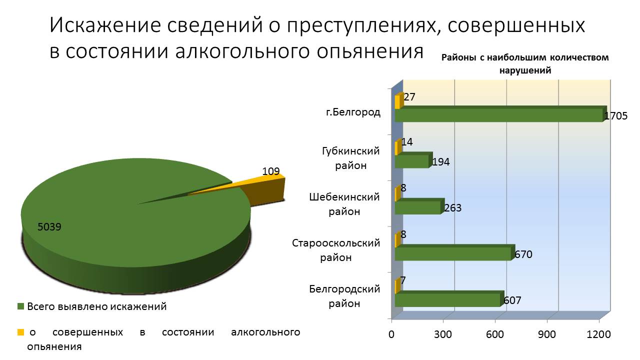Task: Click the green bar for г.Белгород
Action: pos(497,115)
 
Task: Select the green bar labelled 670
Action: pos(452,253)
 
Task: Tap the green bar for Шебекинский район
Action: pos(417,207)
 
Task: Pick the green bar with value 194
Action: pos(411,161)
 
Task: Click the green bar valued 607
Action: pos(447,299)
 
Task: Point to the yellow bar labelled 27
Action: pos(397,102)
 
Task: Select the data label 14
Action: pos(407,142)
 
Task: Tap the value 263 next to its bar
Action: pos(452,208)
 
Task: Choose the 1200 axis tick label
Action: pos(599,334)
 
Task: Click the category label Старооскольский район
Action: pos(336,250)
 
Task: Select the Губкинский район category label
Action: pos(350,158)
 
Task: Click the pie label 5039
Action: pos(49,227)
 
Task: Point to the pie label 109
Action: pos(271,171)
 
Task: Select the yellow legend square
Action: pos(20,332)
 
